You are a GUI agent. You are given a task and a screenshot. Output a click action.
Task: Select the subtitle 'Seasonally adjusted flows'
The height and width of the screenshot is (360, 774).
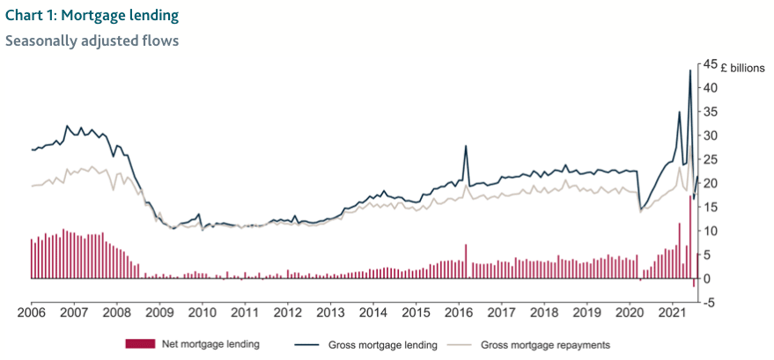click(x=92, y=40)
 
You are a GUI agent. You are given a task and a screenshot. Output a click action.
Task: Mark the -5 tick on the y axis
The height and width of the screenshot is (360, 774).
click(x=706, y=303)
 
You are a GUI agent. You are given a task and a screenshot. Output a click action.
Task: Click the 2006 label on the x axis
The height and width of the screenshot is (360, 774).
click(x=31, y=312)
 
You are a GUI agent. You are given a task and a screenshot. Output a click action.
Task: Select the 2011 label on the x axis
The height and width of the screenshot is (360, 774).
click(x=245, y=312)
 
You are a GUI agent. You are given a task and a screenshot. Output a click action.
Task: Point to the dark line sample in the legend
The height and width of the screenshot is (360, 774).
click(x=304, y=344)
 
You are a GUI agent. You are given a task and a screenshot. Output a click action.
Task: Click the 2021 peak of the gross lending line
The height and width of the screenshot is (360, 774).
click(x=689, y=70)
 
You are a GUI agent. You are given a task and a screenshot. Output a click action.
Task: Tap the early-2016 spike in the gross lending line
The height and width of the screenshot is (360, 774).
click(x=465, y=146)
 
